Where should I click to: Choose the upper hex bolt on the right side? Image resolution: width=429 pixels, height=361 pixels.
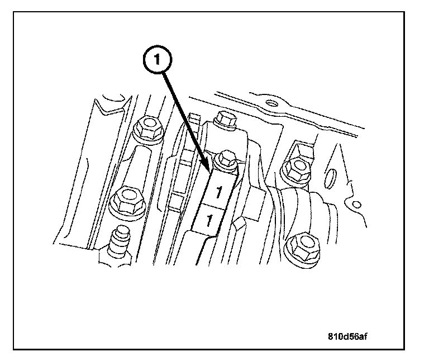(x=296, y=168)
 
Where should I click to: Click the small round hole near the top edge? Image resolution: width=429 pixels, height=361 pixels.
(x=271, y=103)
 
